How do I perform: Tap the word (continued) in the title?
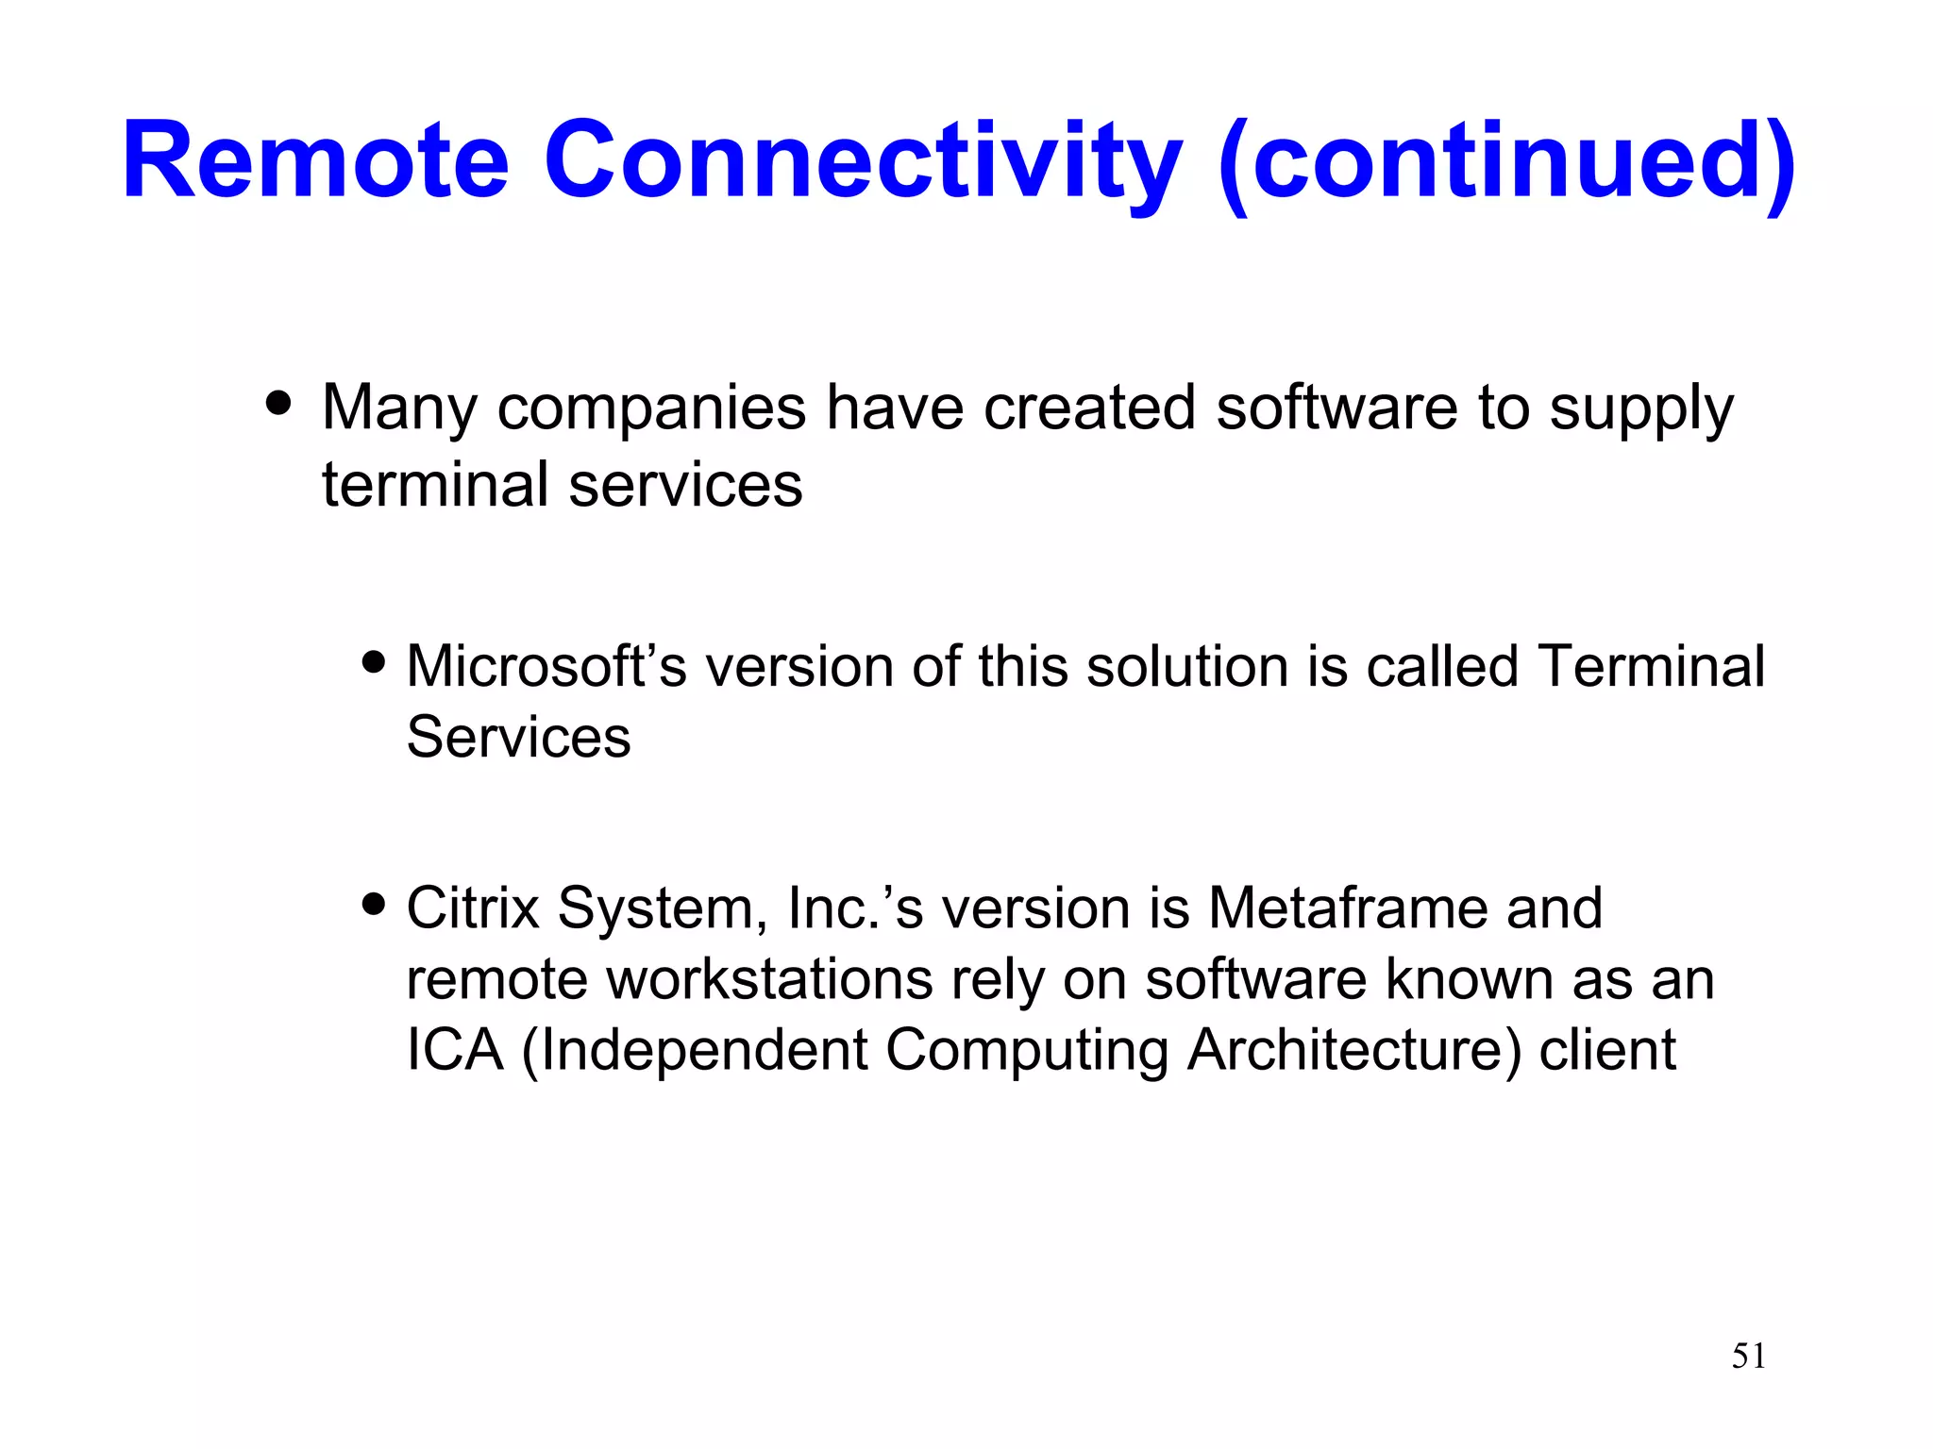click(x=1506, y=162)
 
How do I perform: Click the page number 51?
click(x=1748, y=1356)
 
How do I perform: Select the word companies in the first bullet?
click(x=651, y=409)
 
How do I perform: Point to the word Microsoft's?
click(x=546, y=667)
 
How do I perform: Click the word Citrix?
click(x=472, y=908)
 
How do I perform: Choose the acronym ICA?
click(x=455, y=1050)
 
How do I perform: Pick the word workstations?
click(x=769, y=979)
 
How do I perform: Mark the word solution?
click(x=1187, y=667)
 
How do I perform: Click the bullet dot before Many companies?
click(x=278, y=403)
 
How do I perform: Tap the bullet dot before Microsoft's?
click(x=374, y=661)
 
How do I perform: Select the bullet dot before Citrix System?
click(x=374, y=904)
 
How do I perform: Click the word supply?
click(x=1640, y=409)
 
